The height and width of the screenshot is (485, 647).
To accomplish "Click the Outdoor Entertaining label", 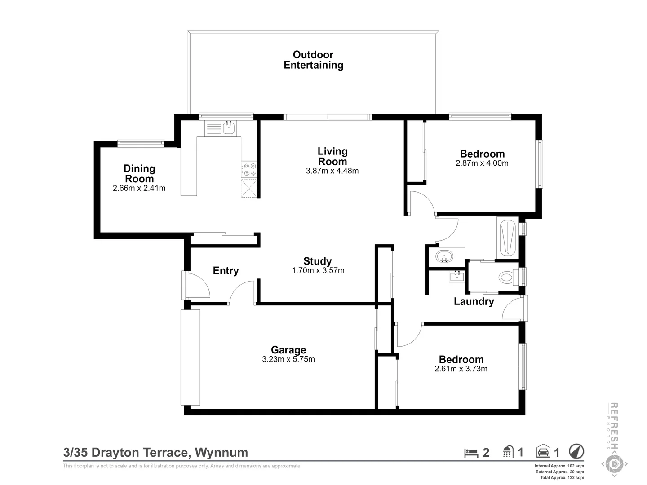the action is click(x=313, y=60).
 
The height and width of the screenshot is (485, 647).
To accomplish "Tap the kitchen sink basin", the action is click(x=229, y=128).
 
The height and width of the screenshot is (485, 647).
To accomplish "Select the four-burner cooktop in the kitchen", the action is click(x=249, y=170).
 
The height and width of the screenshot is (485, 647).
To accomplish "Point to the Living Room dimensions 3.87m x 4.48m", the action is click(x=332, y=171).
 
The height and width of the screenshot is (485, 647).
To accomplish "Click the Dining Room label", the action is click(x=139, y=173).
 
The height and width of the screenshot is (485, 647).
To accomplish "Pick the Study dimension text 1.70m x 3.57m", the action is click(x=318, y=270).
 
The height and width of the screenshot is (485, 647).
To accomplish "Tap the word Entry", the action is click(x=226, y=271).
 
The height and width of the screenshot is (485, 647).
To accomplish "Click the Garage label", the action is click(x=288, y=349).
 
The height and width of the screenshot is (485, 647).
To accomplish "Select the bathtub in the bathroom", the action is click(x=507, y=238).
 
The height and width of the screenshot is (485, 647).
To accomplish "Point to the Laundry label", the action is click(x=474, y=301).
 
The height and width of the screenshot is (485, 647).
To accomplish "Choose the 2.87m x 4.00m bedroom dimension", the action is click(x=482, y=163).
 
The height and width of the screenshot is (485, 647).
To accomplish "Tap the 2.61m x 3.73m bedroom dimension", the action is click(x=461, y=369).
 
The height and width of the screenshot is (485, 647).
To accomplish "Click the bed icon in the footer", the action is click(x=471, y=453).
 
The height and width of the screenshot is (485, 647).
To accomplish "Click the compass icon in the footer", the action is click(x=576, y=451).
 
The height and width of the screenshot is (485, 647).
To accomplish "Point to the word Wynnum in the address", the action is click(x=222, y=452).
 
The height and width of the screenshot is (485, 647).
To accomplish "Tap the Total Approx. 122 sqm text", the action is click(x=562, y=478).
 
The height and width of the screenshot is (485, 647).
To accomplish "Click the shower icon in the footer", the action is click(x=507, y=452).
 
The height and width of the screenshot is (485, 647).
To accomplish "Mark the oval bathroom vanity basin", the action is click(x=444, y=256).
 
